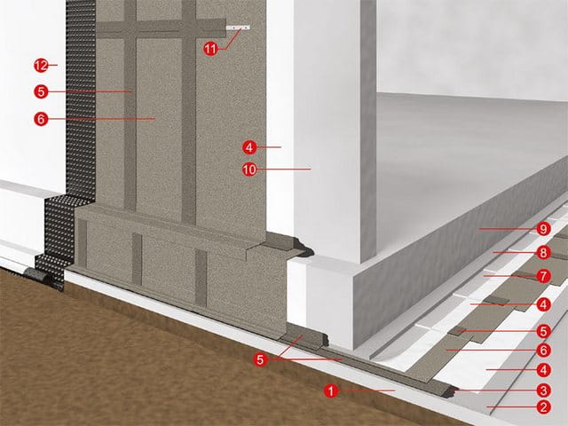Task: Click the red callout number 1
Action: coord(331,390)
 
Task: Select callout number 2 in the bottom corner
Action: coord(543,406)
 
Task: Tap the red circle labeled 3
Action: coord(543,390)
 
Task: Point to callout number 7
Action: coord(543,276)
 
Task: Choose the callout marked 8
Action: coord(543,252)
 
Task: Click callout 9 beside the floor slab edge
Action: coord(543,229)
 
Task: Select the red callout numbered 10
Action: coord(249,170)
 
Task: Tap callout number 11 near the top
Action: coord(210,48)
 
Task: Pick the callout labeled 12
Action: coord(41,66)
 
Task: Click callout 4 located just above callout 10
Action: coord(249,147)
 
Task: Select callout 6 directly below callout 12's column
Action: coord(41,118)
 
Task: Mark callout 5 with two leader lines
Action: coord(260,359)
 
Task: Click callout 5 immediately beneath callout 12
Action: coord(41,91)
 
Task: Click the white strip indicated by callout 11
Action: coord(238,28)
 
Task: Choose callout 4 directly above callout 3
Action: coord(543,370)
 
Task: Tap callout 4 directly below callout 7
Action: coord(543,304)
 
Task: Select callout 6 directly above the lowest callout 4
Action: coord(543,351)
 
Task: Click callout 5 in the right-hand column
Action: coord(543,331)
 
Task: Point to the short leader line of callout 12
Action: coord(53,65)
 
